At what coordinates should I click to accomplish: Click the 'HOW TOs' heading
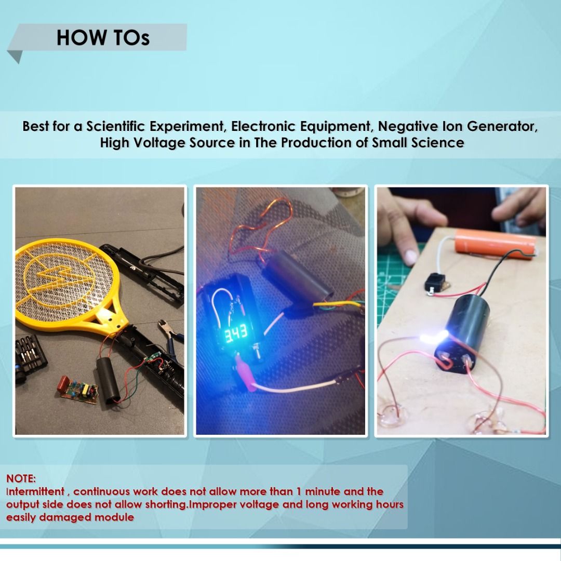[103, 38]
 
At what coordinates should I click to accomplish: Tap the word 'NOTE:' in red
[21, 478]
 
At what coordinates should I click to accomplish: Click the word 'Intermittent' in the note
[35, 491]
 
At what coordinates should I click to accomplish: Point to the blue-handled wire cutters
[171, 332]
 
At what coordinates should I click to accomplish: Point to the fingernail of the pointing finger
[411, 256]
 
